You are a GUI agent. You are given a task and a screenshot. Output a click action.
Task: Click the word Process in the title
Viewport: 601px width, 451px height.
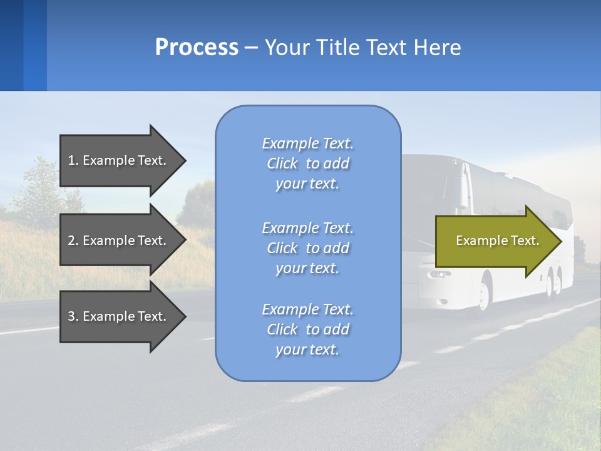(x=197, y=48)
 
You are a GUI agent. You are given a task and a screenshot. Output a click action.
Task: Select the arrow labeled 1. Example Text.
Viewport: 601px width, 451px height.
(x=119, y=160)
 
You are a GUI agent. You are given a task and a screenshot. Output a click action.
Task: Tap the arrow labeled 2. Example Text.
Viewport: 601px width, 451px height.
(x=119, y=241)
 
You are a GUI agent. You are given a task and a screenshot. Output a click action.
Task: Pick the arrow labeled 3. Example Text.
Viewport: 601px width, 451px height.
(x=119, y=316)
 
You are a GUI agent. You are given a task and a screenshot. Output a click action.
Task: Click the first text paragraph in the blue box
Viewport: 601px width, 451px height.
(x=307, y=163)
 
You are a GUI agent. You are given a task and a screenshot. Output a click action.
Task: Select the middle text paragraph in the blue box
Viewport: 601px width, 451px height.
(x=307, y=248)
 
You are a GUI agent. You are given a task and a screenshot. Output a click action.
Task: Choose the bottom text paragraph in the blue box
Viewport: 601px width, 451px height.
(x=307, y=329)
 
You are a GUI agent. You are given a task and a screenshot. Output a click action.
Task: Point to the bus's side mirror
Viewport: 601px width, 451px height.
(x=464, y=188)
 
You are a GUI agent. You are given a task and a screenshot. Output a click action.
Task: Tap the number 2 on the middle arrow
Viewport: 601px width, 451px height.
(x=71, y=241)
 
